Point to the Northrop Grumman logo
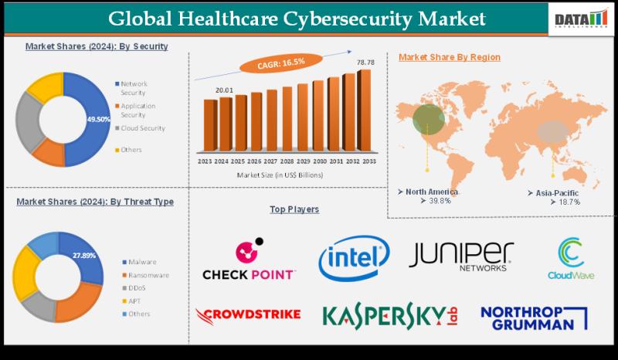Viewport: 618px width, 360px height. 533,316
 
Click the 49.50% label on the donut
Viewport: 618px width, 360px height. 98,119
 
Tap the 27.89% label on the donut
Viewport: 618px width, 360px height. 86,254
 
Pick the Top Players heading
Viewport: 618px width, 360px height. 294,209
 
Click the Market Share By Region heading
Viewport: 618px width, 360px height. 449,57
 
